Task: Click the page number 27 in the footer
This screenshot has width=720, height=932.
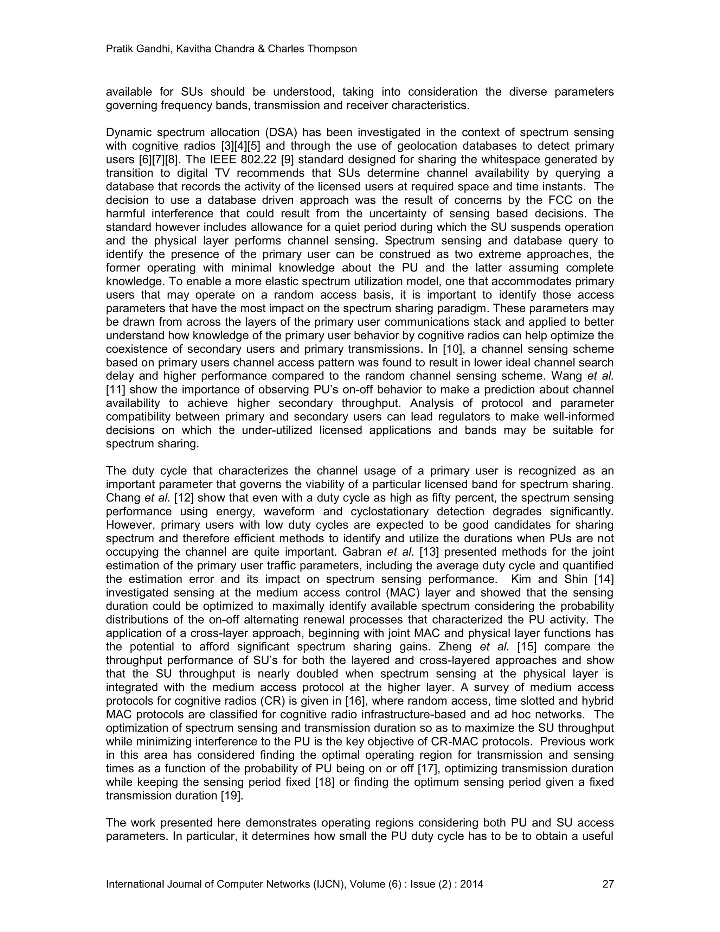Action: pos(608,884)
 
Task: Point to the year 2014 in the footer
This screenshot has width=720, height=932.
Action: pos(472,884)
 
